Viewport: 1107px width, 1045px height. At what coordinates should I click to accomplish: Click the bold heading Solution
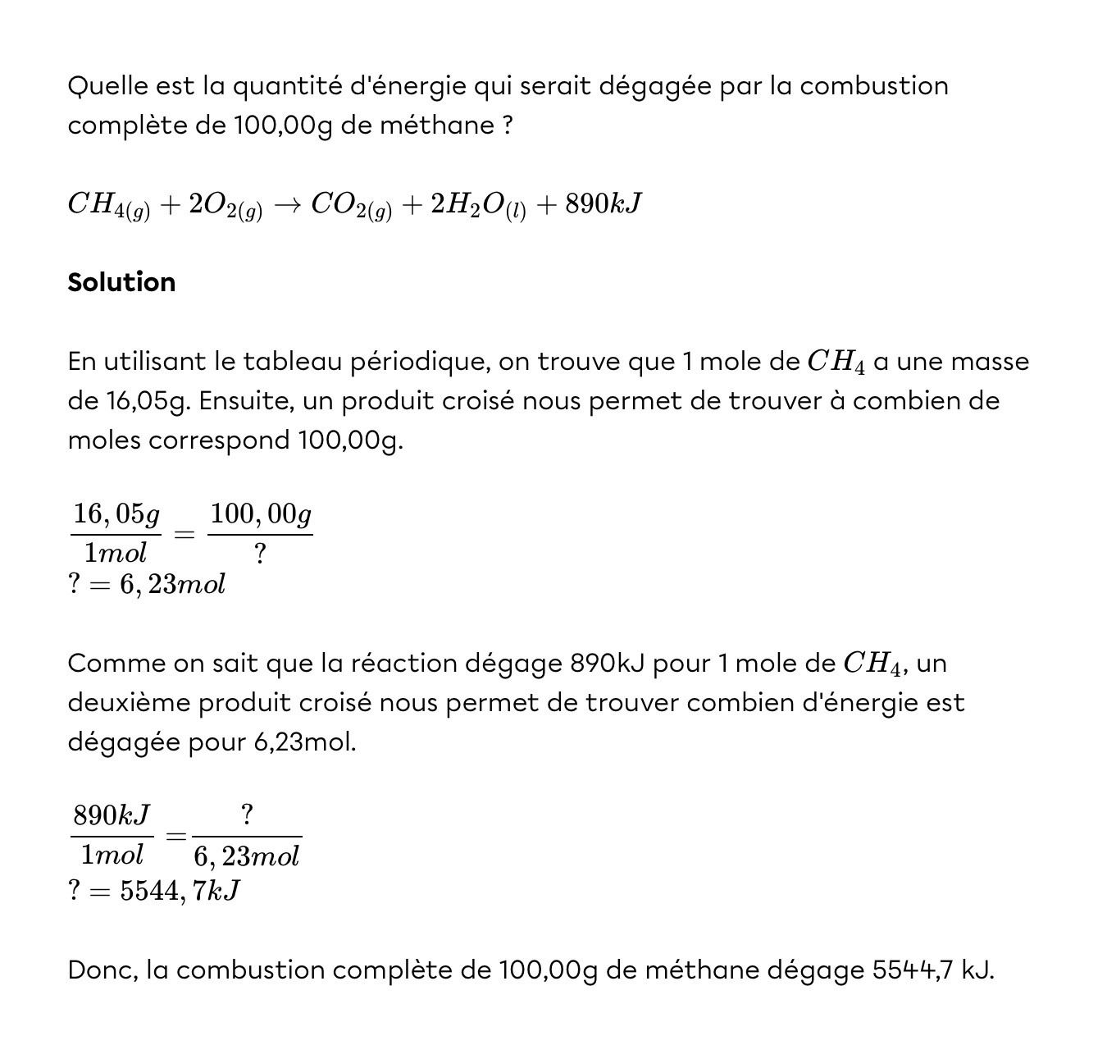(121, 282)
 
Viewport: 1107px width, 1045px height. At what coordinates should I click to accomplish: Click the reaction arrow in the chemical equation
(287, 204)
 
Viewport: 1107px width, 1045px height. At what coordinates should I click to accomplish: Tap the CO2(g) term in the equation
(351, 205)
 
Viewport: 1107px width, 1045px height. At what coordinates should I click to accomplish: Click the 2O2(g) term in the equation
(225, 205)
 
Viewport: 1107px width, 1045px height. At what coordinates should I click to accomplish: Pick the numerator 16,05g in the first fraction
(116, 514)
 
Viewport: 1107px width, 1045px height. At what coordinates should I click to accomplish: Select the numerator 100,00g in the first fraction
(261, 514)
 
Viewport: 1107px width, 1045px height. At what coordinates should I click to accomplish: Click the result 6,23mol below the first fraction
(172, 585)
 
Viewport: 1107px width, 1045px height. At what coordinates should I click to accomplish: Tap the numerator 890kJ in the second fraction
(112, 815)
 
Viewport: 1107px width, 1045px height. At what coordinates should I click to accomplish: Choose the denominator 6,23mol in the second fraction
(246, 856)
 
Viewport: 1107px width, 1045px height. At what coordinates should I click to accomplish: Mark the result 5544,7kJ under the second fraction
(180, 891)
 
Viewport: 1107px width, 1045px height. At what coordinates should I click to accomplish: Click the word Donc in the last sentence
(102, 970)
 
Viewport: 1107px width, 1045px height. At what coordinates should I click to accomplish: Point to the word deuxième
(128, 703)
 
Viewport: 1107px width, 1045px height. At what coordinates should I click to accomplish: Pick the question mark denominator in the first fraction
(260, 554)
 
